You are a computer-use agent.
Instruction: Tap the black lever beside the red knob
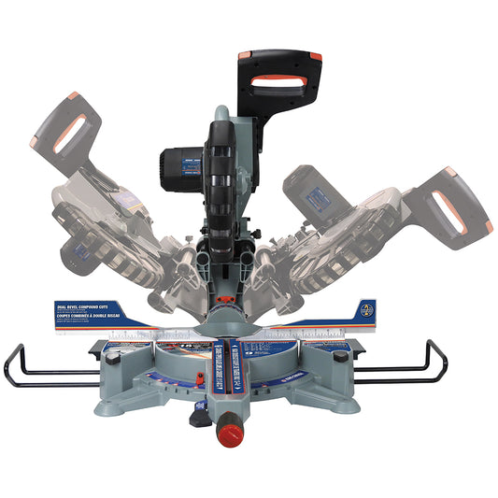coord(198,418)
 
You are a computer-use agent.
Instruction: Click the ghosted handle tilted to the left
coord(69,131)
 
